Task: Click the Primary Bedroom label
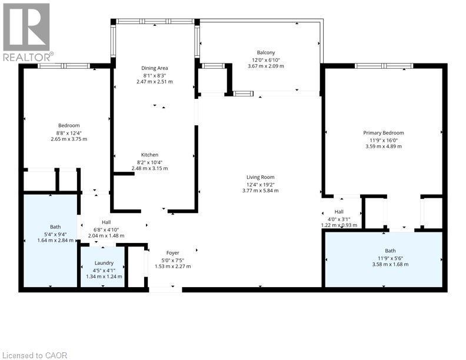point(384,133)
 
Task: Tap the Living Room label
point(260,177)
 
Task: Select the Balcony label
point(266,52)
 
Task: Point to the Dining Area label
point(154,68)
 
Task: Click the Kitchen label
point(149,155)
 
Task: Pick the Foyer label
point(172,253)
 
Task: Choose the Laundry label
point(104,263)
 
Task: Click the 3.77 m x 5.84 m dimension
point(260,191)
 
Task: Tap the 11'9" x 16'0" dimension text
point(384,140)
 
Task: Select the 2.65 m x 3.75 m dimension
point(69,139)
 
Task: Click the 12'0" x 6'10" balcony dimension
point(266,59)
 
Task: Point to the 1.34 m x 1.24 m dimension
point(104,276)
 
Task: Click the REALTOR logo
point(26,32)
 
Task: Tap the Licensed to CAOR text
point(35,355)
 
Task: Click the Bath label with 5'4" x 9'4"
point(55,227)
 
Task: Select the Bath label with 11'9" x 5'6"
point(390,251)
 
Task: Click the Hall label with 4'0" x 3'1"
point(339,212)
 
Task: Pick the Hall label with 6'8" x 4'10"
point(106,222)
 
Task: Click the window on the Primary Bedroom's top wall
point(384,66)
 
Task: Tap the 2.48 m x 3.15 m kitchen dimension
point(150,168)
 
